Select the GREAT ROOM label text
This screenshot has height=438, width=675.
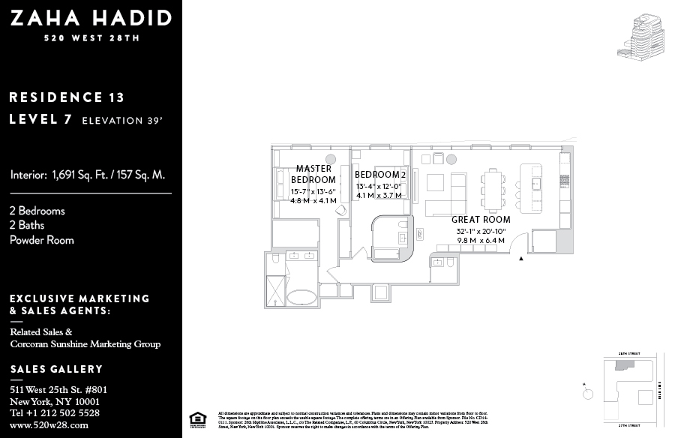(x=481, y=220)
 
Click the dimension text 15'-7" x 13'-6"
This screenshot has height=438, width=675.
(x=313, y=192)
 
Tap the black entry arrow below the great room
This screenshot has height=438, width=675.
(x=521, y=259)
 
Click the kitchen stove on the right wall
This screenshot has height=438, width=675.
(x=566, y=181)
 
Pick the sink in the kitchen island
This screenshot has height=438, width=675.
(x=537, y=184)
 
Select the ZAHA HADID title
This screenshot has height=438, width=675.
(x=91, y=19)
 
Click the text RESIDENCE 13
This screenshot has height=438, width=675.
(x=67, y=97)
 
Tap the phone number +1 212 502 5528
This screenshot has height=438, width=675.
(x=54, y=412)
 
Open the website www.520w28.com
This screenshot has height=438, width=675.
(x=49, y=424)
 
